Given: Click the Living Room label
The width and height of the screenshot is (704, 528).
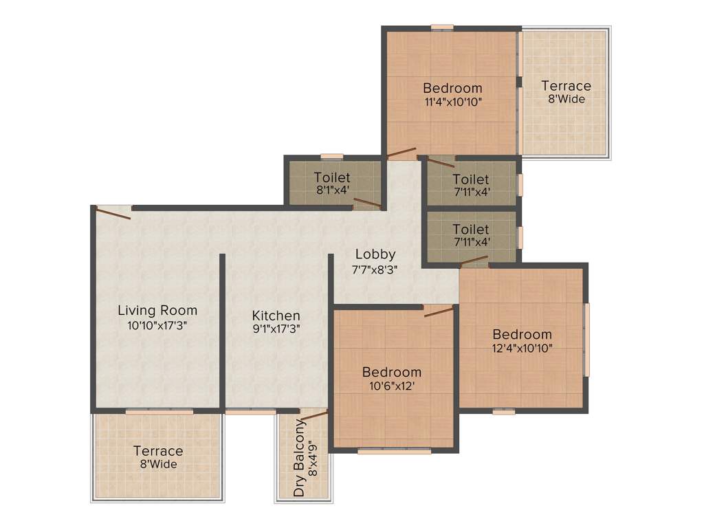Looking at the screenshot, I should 157,310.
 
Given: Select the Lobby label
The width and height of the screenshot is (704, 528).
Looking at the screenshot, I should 375,255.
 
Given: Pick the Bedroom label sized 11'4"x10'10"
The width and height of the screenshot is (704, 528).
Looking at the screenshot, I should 452,88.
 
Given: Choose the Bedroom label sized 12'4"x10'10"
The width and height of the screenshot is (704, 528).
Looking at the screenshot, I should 522,334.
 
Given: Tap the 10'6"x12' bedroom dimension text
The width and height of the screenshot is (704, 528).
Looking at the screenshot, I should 392,386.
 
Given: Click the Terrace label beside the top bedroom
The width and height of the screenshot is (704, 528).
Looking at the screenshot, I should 566,86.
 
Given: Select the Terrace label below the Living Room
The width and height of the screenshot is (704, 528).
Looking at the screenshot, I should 158,451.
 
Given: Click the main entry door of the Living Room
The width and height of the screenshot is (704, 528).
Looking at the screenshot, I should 113,212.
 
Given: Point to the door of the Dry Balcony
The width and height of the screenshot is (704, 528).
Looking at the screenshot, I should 313,415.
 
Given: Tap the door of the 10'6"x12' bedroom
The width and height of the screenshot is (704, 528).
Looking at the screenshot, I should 439,312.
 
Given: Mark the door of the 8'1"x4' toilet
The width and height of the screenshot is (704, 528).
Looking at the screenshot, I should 367,203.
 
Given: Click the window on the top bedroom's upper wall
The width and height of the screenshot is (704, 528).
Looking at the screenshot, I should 442,27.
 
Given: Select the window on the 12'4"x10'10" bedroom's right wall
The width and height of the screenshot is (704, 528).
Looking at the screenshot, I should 586,339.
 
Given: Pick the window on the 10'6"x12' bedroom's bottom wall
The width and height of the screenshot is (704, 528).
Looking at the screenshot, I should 394,452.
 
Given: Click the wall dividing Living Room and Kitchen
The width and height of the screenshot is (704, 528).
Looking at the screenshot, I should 223,330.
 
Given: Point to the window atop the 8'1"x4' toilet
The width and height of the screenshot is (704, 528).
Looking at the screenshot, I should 332,156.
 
